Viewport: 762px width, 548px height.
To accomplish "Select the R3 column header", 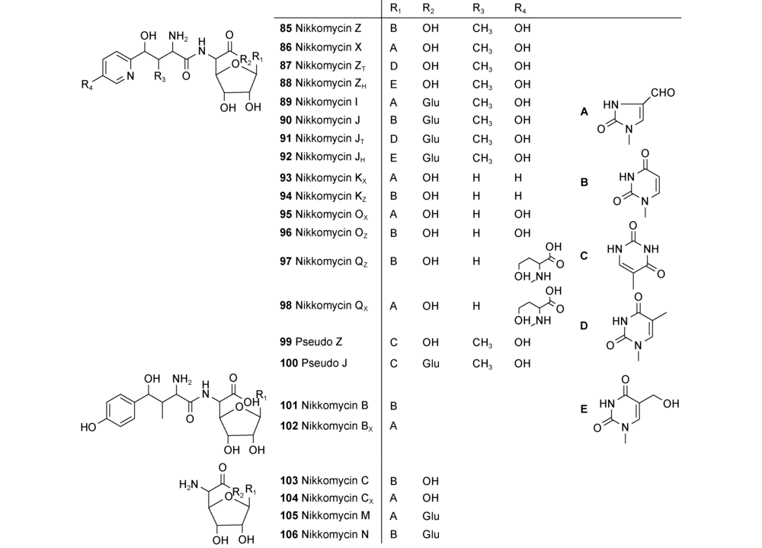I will pyautogui.click(x=477, y=8).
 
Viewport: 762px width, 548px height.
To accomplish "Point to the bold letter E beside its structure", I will pyautogui.click(x=584, y=409).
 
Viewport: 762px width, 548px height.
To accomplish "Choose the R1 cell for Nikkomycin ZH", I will pyautogui.click(x=394, y=83).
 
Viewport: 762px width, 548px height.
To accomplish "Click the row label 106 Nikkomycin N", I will pyautogui.click(x=325, y=535).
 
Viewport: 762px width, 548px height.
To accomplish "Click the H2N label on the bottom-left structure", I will pyautogui.click(x=189, y=484).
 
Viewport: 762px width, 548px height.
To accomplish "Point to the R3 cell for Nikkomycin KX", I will pyautogui.click(x=475, y=176).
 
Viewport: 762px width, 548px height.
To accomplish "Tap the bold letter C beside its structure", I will pyautogui.click(x=584, y=256).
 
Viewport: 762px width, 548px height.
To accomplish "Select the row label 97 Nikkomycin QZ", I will pyautogui.click(x=326, y=261).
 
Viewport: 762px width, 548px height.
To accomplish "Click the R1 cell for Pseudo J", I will pyautogui.click(x=394, y=363).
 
